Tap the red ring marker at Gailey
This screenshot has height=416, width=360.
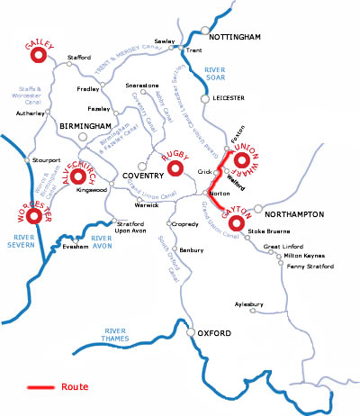point(38,56)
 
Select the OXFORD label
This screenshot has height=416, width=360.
point(216,334)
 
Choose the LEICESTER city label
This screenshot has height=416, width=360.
point(231,98)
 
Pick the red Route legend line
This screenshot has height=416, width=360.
point(40,387)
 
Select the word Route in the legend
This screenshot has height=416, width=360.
point(76,387)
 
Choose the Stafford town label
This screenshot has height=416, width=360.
point(80,57)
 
